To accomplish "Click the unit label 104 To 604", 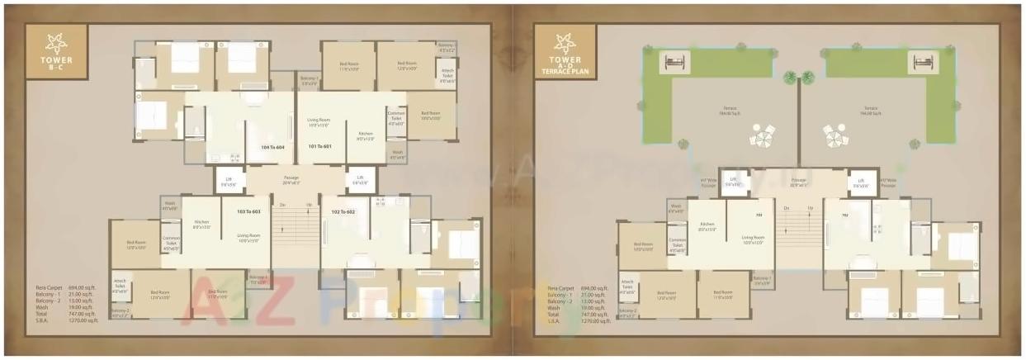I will pyautogui.click(x=273, y=147).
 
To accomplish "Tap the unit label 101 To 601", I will pyautogui.click(x=319, y=147).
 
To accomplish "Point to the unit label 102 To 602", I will pyautogui.click(x=343, y=212).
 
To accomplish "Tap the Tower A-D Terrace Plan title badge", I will pyautogui.click(x=565, y=54).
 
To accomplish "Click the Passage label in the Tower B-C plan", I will pyautogui.click(x=291, y=179).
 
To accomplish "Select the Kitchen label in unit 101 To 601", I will pyautogui.click(x=365, y=135).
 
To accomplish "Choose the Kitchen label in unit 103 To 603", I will pyautogui.click(x=201, y=224).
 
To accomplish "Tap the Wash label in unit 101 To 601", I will pyautogui.click(x=398, y=154).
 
